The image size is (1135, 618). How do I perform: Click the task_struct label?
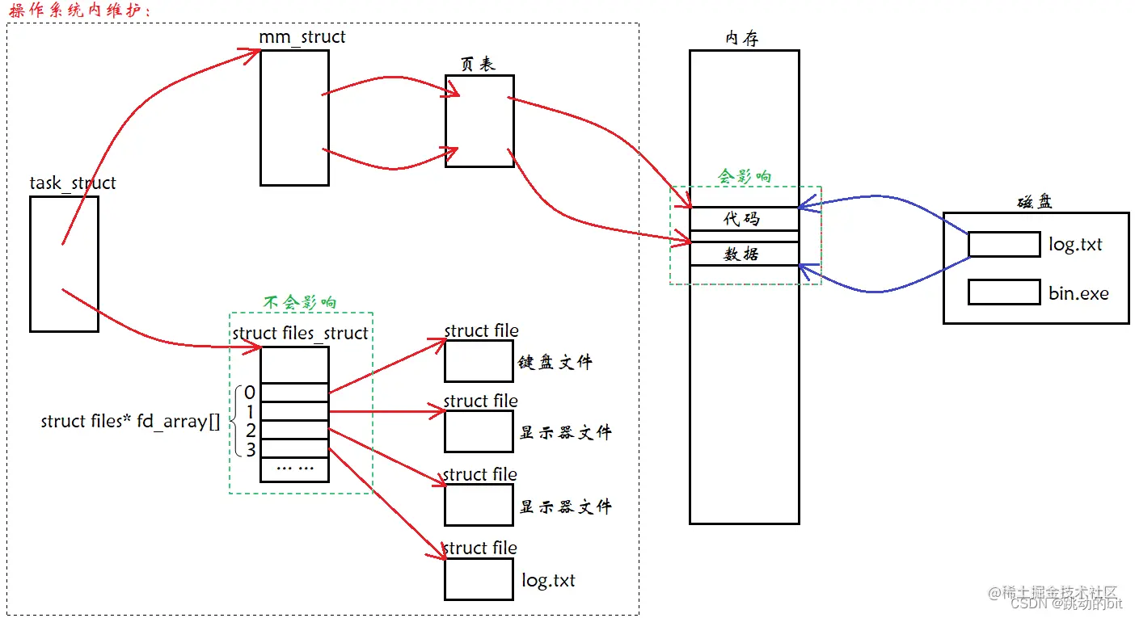pyautogui.click(x=73, y=183)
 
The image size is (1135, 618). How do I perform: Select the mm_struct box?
pyautogui.click(x=294, y=117)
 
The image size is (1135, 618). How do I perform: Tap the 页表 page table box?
pyautogui.click(x=479, y=121)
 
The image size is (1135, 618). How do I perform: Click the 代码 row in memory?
pyautogui.click(x=743, y=220)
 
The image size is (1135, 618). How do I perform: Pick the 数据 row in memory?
pyautogui.click(x=743, y=254)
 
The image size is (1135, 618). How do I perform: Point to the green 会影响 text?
pyautogui.click(x=745, y=177)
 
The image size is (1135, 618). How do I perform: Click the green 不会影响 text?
pyautogui.click(x=300, y=303)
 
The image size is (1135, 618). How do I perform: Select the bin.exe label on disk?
pyautogui.click(x=1078, y=293)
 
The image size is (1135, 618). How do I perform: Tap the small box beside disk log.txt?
pyautogui.click(x=1004, y=245)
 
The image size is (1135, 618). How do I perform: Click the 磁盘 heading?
pyautogui.click(x=1035, y=202)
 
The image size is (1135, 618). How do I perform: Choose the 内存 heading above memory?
pyautogui.click(x=743, y=38)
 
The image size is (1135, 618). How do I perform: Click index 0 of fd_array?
pyautogui.click(x=250, y=393)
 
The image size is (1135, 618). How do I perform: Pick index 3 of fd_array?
pyautogui.click(x=251, y=449)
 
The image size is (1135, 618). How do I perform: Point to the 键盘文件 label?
pyautogui.click(x=555, y=363)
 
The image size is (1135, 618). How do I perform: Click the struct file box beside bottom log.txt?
pyautogui.click(x=479, y=579)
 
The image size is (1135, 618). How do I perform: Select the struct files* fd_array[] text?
pyautogui.click(x=130, y=422)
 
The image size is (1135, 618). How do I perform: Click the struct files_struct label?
pyautogui.click(x=300, y=334)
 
